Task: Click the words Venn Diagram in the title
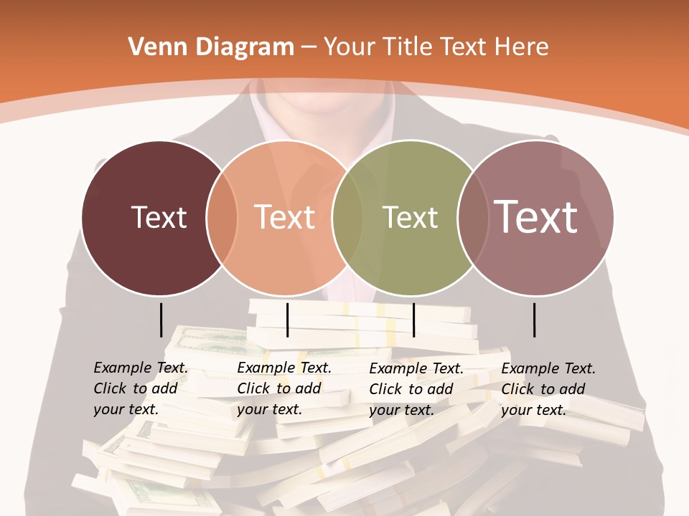click(x=211, y=47)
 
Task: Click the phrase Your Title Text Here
click(x=436, y=47)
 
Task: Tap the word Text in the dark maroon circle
click(x=159, y=217)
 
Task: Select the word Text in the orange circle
click(x=285, y=217)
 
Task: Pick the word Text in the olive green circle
click(x=410, y=217)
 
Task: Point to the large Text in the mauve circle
click(x=536, y=216)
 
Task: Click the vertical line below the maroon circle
click(x=161, y=320)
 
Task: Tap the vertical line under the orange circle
click(x=287, y=320)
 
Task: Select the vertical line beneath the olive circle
click(x=413, y=320)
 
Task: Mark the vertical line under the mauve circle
click(x=535, y=320)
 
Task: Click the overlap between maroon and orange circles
click(x=222, y=217)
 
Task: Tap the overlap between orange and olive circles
click(x=347, y=217)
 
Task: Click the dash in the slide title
click(x=309, y=48)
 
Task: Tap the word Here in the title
click(x=522, y=47)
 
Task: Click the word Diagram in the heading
click(x=245, y=48)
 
